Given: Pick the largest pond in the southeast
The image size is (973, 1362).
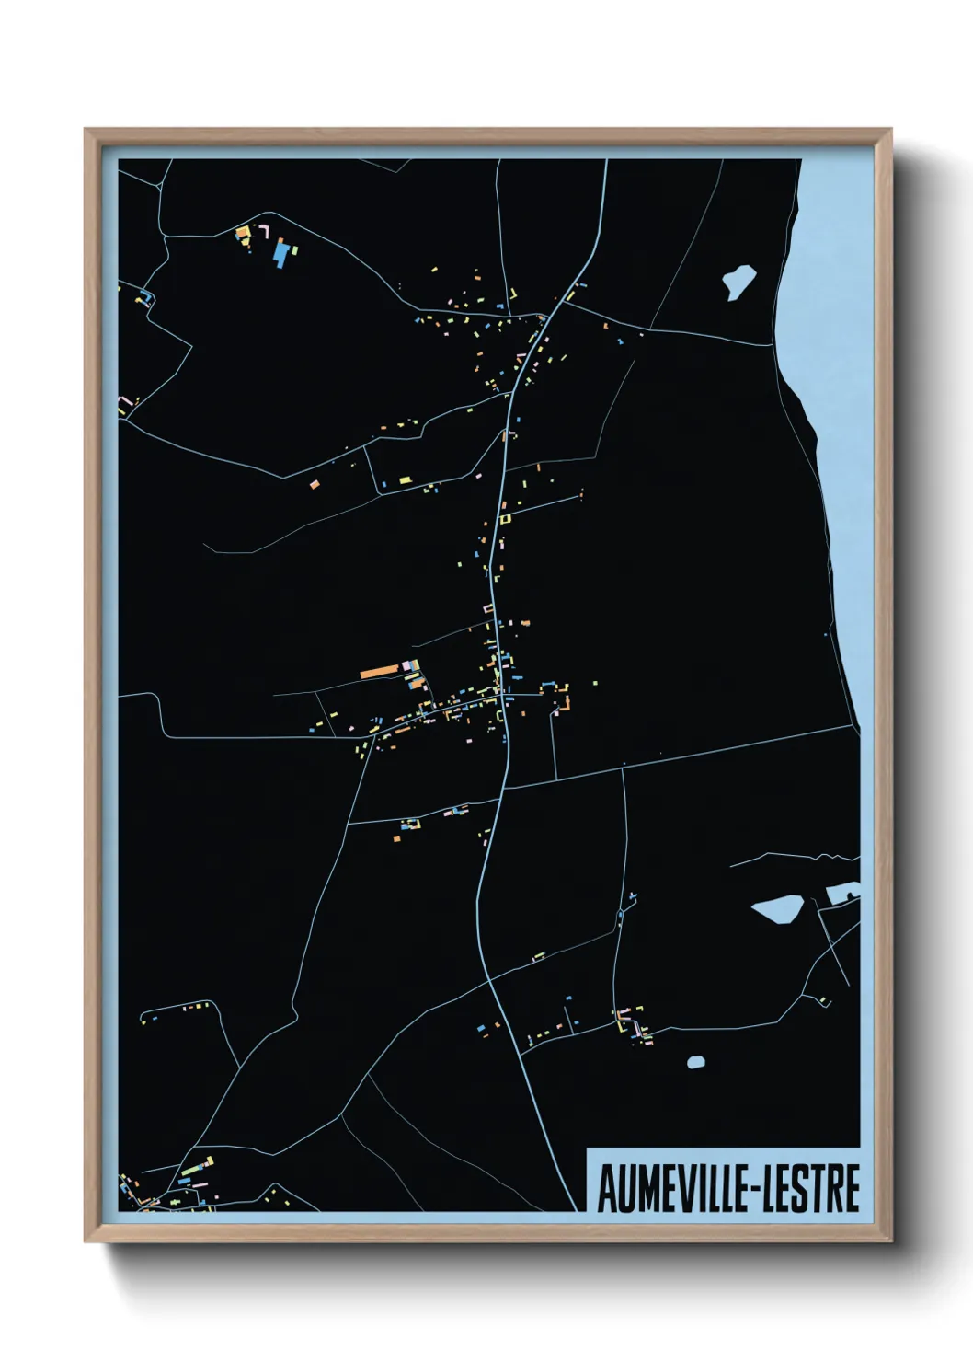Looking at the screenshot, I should [777, 909].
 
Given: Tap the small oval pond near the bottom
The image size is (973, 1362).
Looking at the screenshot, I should [696, 1062].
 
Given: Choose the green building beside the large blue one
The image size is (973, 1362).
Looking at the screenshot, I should [295, 248].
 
